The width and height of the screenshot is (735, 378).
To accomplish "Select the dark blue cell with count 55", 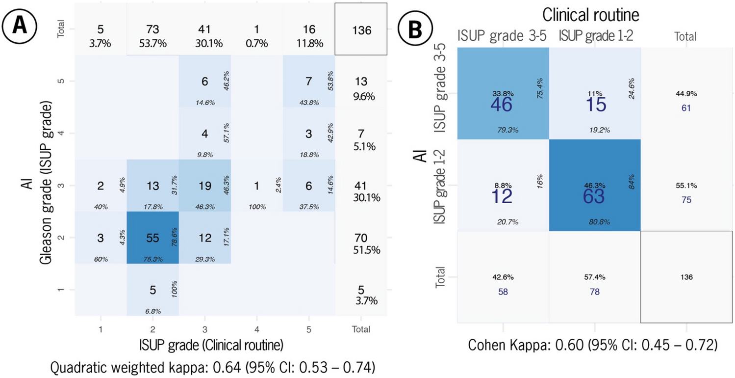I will [x=152, y=238].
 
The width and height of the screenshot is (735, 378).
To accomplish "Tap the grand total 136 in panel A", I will [x=361, y=30].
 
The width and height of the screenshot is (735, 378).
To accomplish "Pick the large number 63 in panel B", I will [x=594, y=196].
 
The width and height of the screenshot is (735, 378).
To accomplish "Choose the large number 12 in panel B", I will [x=502, y=196].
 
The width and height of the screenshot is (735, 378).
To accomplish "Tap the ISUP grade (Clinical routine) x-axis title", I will [x=204, y=346].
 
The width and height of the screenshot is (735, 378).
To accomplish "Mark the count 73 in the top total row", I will [x=152, y=30].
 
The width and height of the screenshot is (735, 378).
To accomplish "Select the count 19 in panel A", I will [x=204, y=185].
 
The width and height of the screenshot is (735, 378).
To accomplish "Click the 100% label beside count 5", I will [x=175, y=290].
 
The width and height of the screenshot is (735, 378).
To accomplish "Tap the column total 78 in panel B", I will [x=594, y=292].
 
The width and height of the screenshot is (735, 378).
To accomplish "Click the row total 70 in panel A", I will [x=361, y=238].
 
